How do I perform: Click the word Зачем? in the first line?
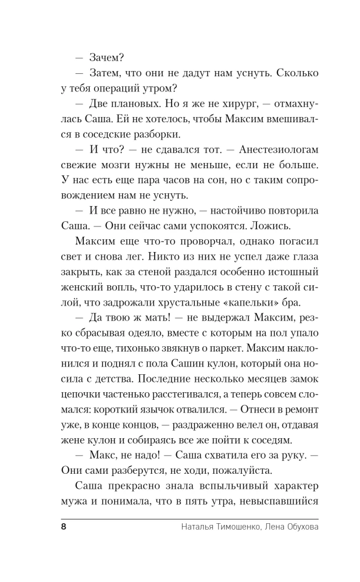pos(108,58)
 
